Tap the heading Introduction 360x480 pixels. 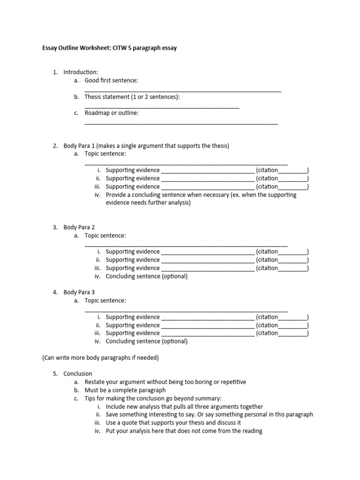(81, 72)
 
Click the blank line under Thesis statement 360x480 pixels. (162, 107)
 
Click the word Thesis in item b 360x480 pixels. (94, 97)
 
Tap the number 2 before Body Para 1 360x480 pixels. (54, 146)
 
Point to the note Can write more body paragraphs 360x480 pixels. (101, 358)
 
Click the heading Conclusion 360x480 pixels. (78, 374)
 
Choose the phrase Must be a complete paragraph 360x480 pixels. (125, 390)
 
